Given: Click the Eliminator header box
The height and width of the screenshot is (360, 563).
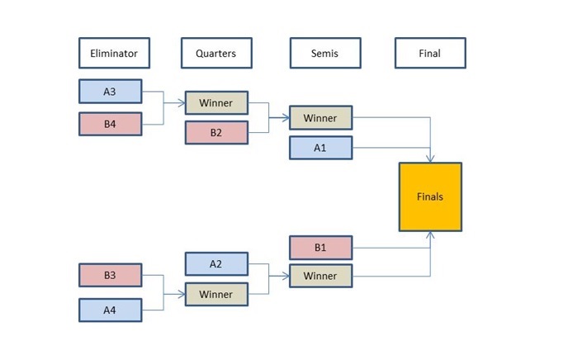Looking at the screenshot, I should (114, 53).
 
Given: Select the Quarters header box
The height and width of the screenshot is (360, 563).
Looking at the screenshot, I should (215, 53).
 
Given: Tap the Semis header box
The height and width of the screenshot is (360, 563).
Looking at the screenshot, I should (324, 53).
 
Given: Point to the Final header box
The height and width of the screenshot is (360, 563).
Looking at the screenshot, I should (429, 53).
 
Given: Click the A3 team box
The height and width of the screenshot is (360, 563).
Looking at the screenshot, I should (110, 92).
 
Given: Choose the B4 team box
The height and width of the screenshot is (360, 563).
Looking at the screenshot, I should (110, 124).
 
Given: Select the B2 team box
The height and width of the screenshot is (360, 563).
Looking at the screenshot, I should (215, 132).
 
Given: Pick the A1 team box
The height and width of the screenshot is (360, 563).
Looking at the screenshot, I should (320, 148).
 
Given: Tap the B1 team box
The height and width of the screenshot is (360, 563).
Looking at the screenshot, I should (320, 247).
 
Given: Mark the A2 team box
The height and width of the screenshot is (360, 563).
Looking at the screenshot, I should (215, 264).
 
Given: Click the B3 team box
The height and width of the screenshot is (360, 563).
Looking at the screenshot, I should (110, 275).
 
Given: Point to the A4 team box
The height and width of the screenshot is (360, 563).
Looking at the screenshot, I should (110, 310).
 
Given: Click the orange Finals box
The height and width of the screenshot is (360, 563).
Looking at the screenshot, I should (430, 197).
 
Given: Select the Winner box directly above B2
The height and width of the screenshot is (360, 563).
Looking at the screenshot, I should (215, 103).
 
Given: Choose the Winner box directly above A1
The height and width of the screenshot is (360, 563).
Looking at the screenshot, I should (320, 118).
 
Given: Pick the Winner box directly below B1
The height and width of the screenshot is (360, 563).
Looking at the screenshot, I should (320, 275).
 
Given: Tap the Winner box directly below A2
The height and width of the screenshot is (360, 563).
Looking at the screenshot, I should (215, 293).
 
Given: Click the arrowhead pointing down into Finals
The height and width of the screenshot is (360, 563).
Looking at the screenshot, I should (431, 159).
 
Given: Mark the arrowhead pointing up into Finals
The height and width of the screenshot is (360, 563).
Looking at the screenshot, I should (431, 235).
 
